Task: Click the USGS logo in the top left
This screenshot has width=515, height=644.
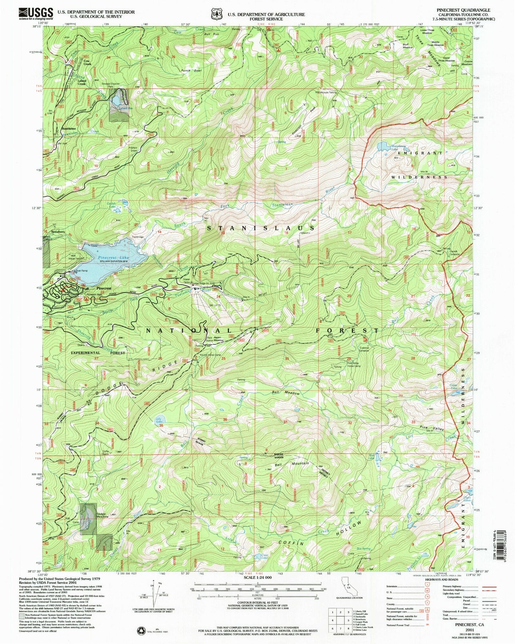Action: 36,14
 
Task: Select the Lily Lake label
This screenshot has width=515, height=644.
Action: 159,420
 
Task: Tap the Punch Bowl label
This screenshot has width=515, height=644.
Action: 191,71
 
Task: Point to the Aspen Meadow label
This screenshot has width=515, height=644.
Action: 218,340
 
